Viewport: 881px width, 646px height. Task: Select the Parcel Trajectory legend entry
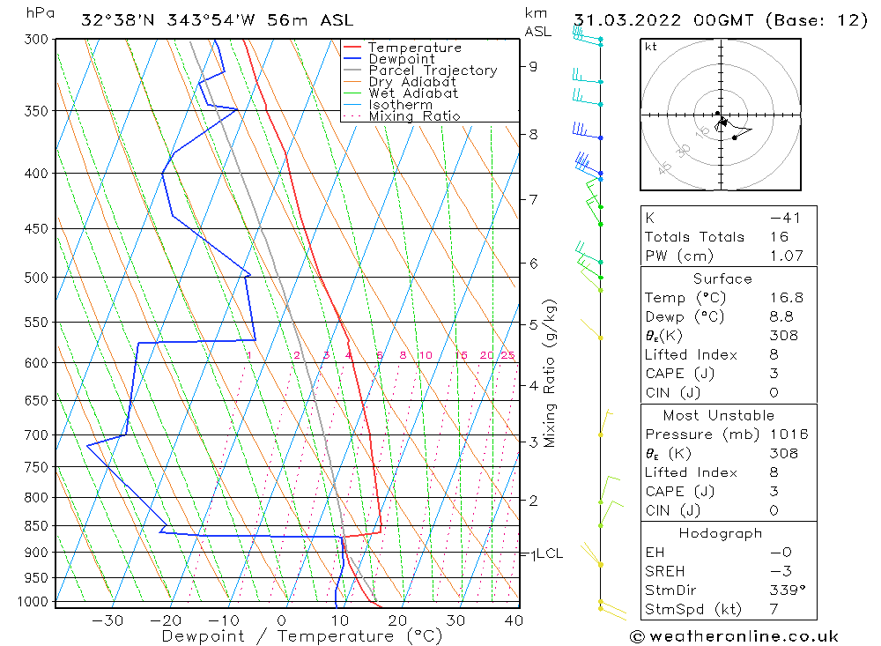point(433,71)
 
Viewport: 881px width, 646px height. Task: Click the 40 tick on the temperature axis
point(514,620)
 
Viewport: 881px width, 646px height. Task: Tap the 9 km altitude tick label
point(533,66)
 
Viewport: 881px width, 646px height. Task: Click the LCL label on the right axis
point(549,553)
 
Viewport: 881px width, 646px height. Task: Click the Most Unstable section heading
point(718,415)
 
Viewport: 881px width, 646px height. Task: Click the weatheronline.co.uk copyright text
point(734,636)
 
